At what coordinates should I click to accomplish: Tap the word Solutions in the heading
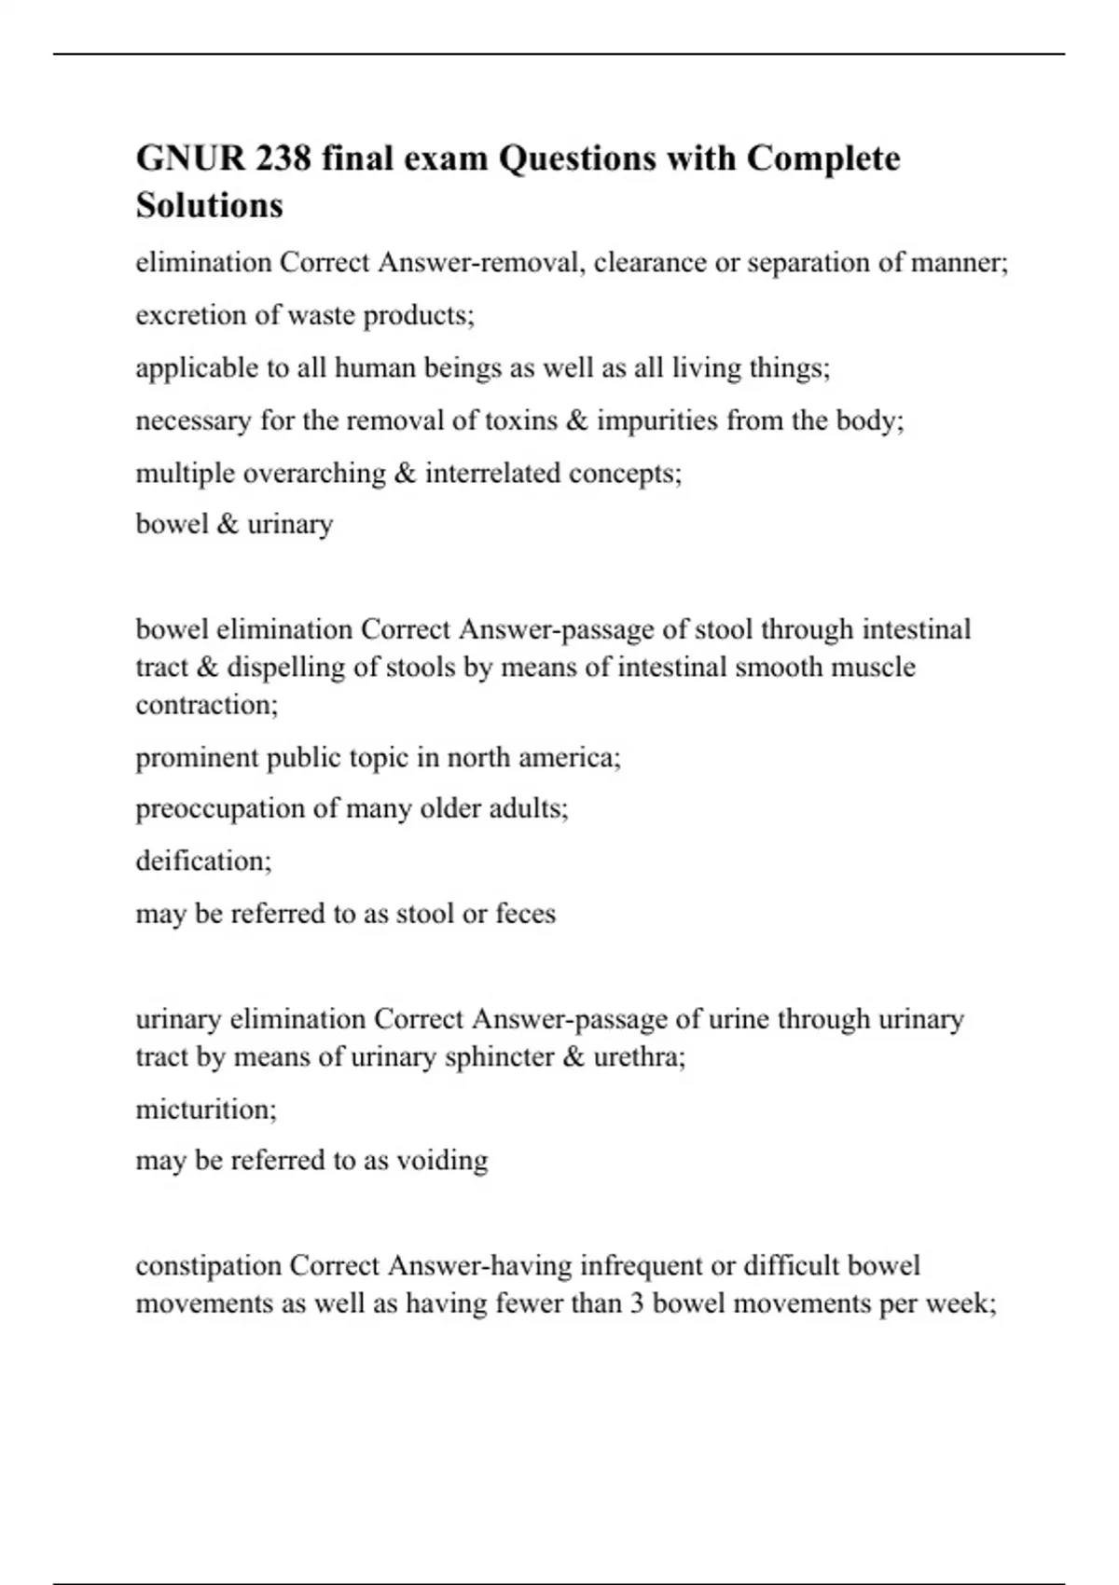pyautogui.click(x=209, y=205)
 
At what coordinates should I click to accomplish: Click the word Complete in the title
pyautogui.click(x=823, y=158)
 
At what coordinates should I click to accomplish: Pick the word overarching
pyautogui.click(x=314, y=474)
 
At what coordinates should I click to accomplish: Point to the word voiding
pyautogui.click(x=442, y=1161)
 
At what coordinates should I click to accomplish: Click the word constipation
pyautogui.click(x=208, y=1266)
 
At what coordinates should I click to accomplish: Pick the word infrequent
pyautogui.click(x=641, y=1266)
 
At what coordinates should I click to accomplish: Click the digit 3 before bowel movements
pyautogui.click(x=637, y=1303)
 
